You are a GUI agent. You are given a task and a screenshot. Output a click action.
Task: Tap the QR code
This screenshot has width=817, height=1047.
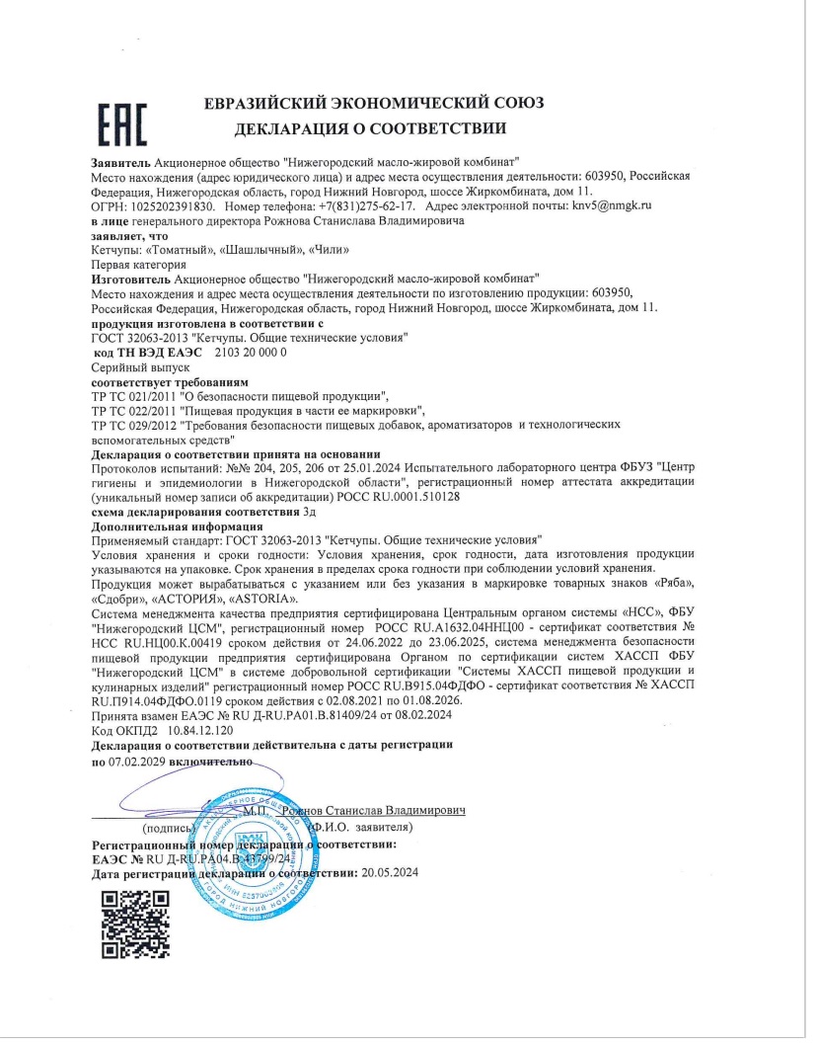[x=136, y=924]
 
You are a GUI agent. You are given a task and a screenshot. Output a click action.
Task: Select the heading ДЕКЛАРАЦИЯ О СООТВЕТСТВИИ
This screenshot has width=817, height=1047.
[x=370, y=127]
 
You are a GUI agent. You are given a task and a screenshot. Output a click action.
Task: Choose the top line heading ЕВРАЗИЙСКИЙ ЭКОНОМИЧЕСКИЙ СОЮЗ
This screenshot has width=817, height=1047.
[x=373, y=103]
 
